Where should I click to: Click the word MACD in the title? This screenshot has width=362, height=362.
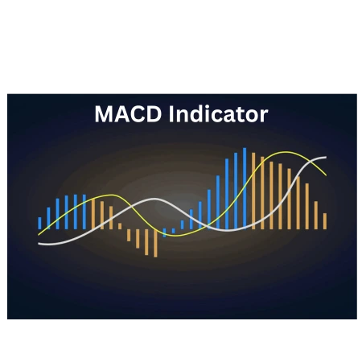[x=128, y=114]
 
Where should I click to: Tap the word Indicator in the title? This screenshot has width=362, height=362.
[x=218, y=114]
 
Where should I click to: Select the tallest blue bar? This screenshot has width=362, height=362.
[x=245, y=188]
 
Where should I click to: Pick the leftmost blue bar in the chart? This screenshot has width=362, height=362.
[x=39, y=223]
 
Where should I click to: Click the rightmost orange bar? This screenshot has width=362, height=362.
[x=325, y=221]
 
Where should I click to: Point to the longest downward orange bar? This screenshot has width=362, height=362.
[x=155, y=243]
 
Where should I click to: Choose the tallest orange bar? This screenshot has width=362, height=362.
[x=253, y=191]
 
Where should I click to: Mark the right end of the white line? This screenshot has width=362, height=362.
[x=326, y=158]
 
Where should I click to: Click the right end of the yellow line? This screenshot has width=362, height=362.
[x=326, y=175]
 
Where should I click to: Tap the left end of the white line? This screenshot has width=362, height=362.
[x=39, y=244]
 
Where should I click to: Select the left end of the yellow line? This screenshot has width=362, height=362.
[x=39, y=235]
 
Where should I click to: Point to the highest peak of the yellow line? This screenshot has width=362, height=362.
[x=286, y=152]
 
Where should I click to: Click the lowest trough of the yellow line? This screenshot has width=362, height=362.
[x=175, y=236]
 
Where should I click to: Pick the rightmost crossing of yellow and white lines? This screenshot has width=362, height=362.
[x=311, y=161]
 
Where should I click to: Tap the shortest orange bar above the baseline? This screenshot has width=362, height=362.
[x=120, y=226]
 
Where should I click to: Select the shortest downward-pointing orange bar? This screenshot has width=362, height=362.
[x=129, y=235]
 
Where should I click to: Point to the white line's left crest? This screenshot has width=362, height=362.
[x=154, y=199]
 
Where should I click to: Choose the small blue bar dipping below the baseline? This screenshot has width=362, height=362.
[x=164, y=232]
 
